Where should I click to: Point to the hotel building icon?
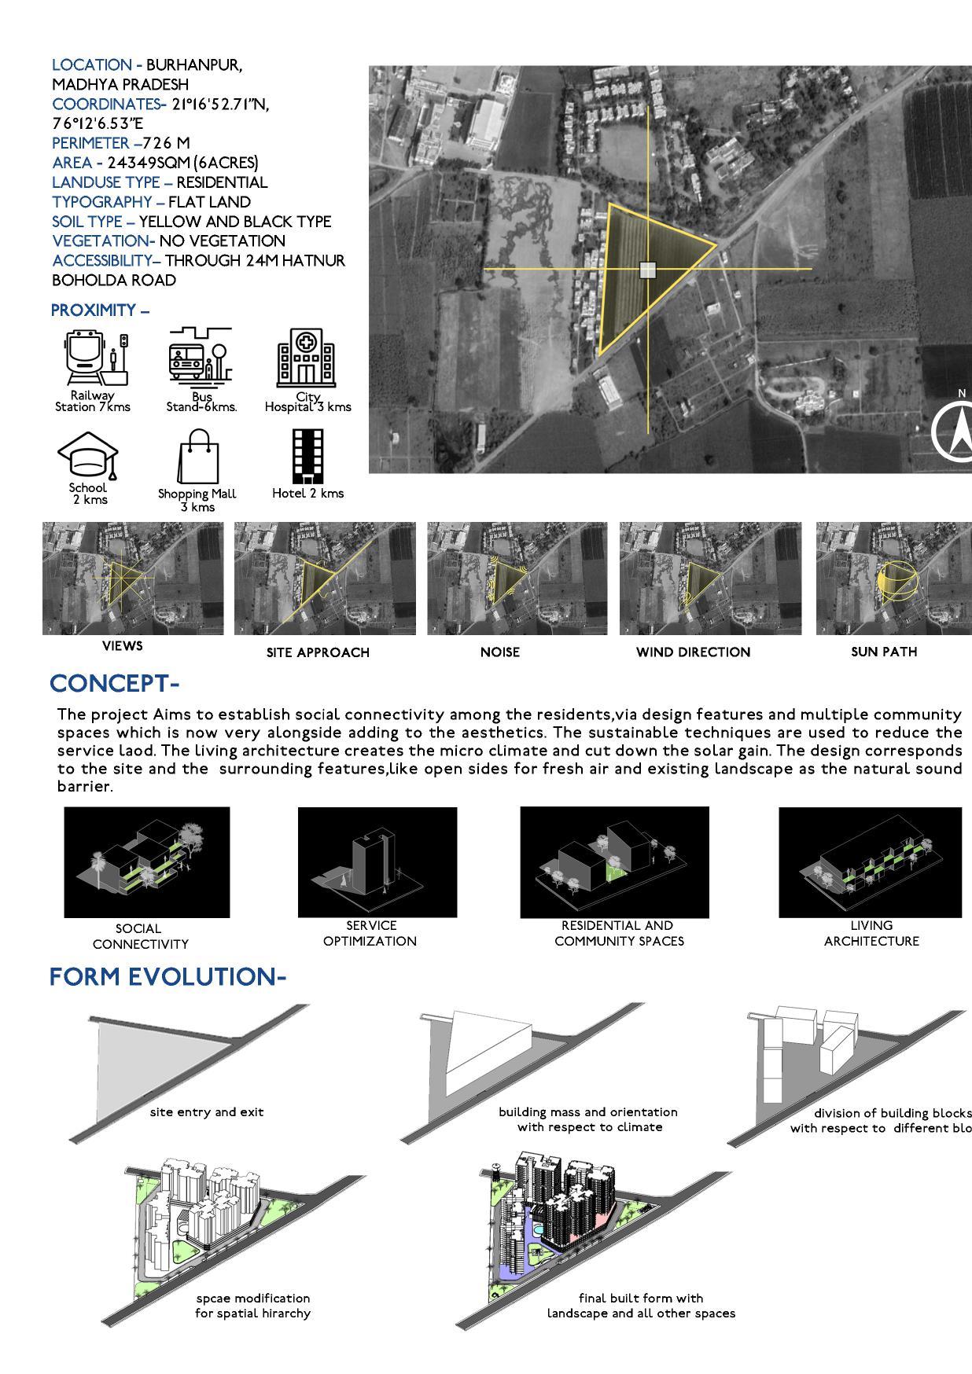(307, 456)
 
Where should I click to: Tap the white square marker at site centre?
(647, 270)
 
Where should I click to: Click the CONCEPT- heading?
(115, 684)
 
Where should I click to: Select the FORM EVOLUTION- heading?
(168, 977)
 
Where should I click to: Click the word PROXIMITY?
(94, 310)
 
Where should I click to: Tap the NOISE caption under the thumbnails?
(500, 652)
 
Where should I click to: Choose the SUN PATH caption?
(884, 652)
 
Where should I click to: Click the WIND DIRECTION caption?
(693, 652)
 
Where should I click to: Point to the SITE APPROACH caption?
(318, 652)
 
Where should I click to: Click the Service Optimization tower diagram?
(377, 862)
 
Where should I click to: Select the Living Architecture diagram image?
(870, 862)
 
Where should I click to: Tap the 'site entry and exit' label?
(207, 1112)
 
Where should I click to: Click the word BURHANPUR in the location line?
(193, 65)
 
